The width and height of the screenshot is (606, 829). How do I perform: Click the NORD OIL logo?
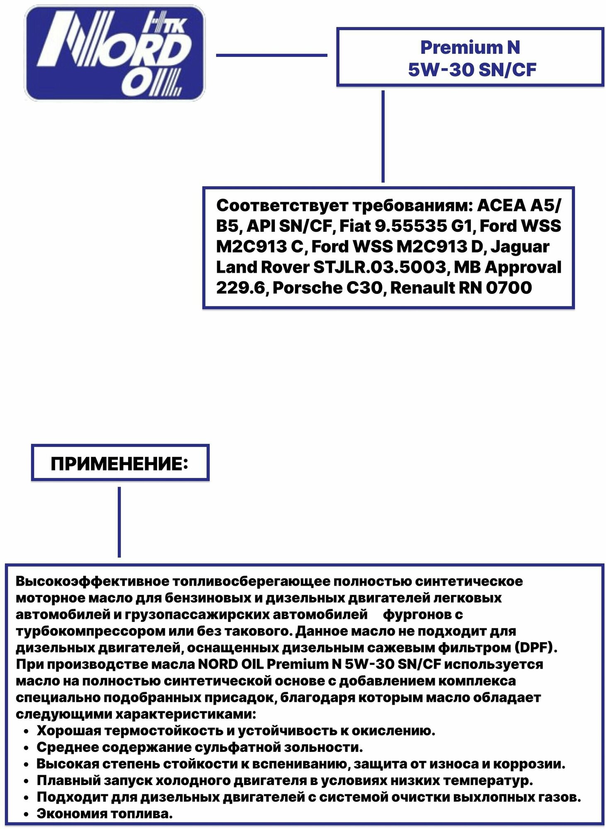click(x=115, y=53)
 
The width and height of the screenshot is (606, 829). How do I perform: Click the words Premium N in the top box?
click(x=470, y=47)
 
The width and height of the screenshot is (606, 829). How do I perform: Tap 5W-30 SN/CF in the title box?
click(x=472, y=70)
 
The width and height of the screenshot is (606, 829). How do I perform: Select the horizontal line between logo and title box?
click(x=271, y=55)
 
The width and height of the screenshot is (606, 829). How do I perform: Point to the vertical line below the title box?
click(x=383, y=136)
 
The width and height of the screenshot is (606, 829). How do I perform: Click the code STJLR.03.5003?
click(x=379, y=267)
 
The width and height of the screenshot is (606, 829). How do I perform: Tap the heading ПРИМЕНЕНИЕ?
click(x=119, y=464)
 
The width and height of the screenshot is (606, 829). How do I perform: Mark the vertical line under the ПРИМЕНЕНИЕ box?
click(x=119, y=522)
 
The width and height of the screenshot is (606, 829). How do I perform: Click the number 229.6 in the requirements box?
click(x=240, y=288)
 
